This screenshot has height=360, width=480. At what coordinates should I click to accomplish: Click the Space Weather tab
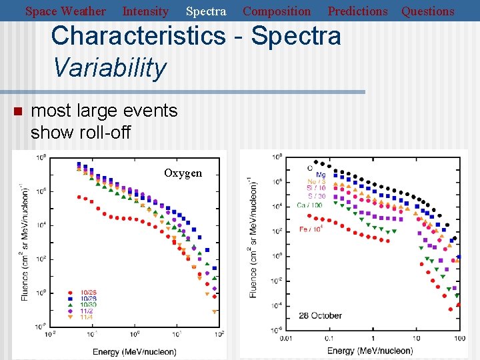point(65,11)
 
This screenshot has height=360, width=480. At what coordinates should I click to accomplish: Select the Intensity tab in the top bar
point(145,11)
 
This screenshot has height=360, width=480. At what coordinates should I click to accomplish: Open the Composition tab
point(277,11)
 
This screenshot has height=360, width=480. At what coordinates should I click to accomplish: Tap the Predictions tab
point(357,11)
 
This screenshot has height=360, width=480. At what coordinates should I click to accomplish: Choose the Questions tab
point(427,11)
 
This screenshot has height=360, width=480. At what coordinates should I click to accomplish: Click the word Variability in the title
point(109,67)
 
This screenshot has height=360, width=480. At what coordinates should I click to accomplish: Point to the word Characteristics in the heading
point(138,35)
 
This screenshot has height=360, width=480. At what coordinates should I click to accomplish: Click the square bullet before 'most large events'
point(19,111)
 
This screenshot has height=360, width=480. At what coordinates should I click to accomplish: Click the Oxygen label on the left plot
point(183,173)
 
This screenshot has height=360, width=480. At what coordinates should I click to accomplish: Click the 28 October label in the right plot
point(320,315)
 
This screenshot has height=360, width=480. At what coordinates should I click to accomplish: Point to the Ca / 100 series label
point(311,205)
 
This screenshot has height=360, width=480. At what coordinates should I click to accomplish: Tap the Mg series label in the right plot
point(321,175)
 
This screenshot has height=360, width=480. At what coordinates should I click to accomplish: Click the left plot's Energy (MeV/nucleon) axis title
point(135,351)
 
